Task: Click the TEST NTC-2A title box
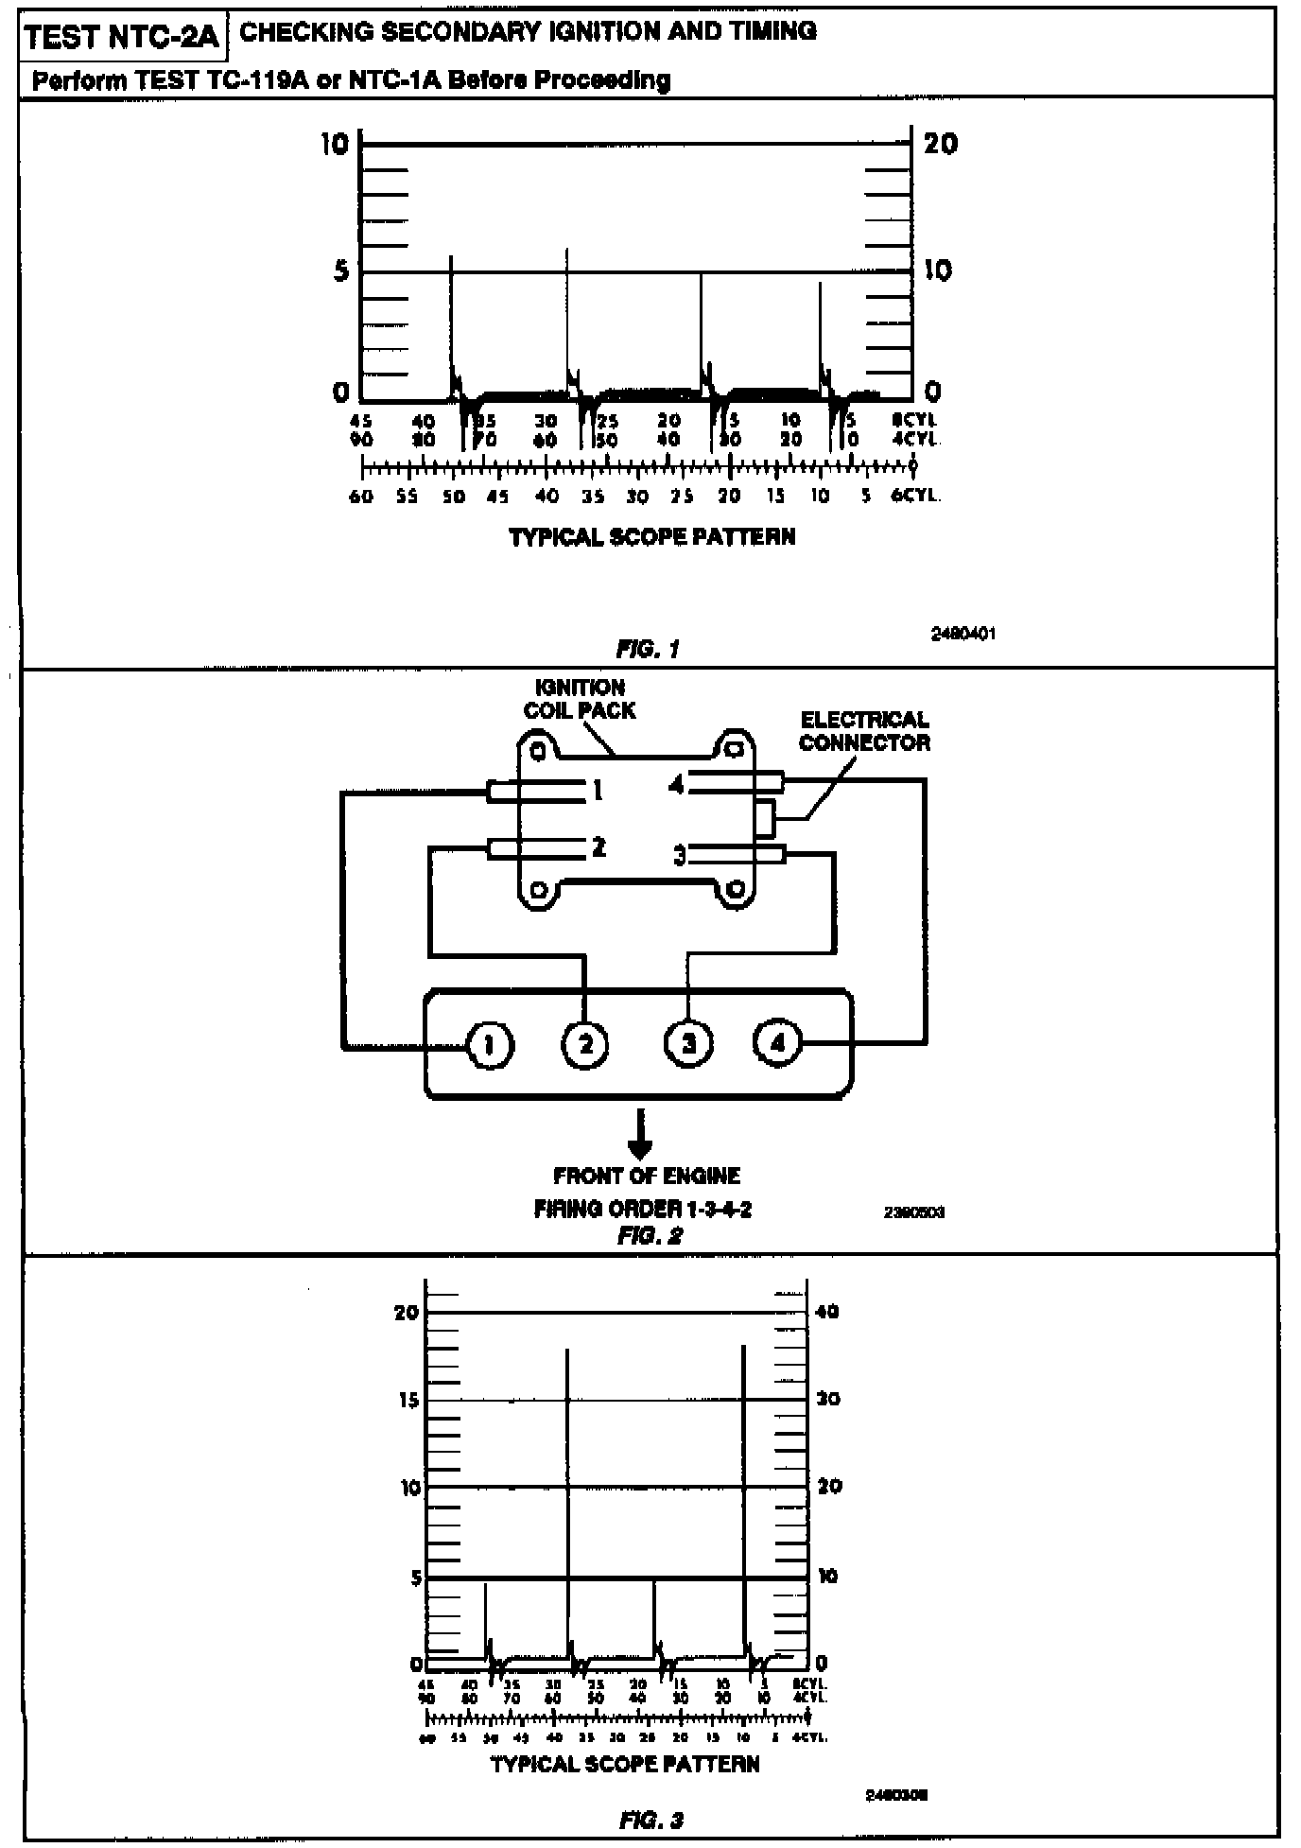pyautogui.click(x=121, y=37)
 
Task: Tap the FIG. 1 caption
pyautogui.click(x=648, y=649)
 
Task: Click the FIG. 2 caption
pyautogui.click(x=650, y=1235)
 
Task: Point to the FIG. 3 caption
pyautogui.click(x=650, y=1820)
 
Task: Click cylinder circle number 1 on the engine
pyautogui.click(x=490, y=1045)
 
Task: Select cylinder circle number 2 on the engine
pyautogui.click(x=586, y=1045)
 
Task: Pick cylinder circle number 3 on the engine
pyautogui.click(x=688, y=1043)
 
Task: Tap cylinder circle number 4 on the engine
pyautogui.click(x=777, y=1042)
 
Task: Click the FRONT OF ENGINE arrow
pyautogui.click(x=640, y=1135)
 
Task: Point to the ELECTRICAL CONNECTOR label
pyautogui.click(x=864, y=731)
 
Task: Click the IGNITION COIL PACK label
pyautogui.click(x=580, y=699)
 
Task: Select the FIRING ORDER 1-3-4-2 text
pyautogui.click(x=643, y=1209)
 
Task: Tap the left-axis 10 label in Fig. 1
pyautogui.click(x=335, y=144)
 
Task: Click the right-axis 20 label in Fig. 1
pyautogui.click(x=940, y=144)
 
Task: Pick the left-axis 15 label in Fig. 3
pyautogui.click(x=408, y=1400)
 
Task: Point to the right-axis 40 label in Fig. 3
pyautogui.click(x=827, y=1312)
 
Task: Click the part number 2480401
pyautogui.click(x=963, y=634)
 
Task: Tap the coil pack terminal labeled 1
pyautogui.click(x=598, y=790)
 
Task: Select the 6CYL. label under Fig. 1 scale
pyautogui.click(x=916, y=496)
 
